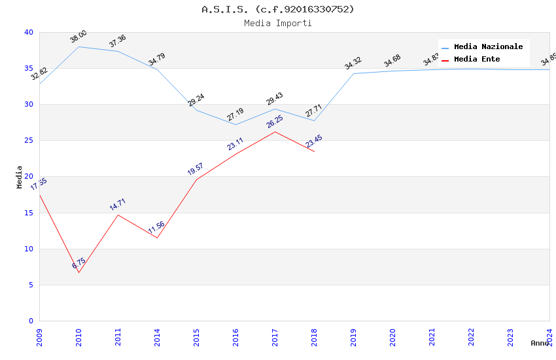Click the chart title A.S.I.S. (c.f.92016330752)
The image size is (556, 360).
[277, 9]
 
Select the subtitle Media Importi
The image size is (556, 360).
[277, 24]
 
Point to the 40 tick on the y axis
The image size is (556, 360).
[28, 32]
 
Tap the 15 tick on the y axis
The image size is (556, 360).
[28, 213]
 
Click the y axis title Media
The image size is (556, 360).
[20, 177]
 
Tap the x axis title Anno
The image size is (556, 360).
[540, 343]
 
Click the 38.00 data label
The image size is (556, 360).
[78, 37]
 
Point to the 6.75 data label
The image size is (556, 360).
[78, 264]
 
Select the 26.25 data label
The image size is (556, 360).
[275, 122]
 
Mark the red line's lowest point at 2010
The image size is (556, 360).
[78, 272]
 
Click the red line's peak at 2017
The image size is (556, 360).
[275, 132]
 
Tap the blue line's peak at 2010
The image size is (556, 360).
[78, 46]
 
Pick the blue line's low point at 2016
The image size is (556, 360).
[235, 124]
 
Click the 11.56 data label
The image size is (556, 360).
[157, 228]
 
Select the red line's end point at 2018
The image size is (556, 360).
[314, 152]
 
